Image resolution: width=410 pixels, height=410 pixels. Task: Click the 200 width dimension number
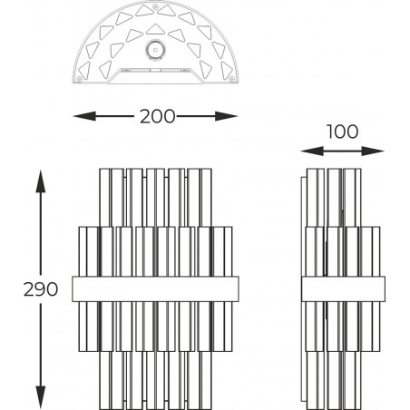tap(157, 116)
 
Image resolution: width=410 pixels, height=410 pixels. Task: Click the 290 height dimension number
tap(41, 289)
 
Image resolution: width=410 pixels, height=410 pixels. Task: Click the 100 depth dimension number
tap(343, 132)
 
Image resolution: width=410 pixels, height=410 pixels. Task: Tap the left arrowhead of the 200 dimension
tap(84, 116)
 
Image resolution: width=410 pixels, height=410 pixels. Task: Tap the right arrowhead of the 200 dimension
tap(227, 116)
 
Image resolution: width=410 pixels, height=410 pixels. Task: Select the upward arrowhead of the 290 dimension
tap(41, 181)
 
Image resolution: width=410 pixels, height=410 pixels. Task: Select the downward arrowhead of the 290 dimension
tap(41, 397)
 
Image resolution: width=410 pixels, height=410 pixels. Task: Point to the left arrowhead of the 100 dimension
tap(312, 151)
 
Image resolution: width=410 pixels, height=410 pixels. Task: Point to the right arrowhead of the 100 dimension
tap(373, 151)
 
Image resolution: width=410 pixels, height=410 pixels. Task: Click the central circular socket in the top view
tap(155, 50)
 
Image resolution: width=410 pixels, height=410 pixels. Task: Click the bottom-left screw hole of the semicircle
tap(79, 79)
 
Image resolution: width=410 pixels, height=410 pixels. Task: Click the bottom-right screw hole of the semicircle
tap(232, 79)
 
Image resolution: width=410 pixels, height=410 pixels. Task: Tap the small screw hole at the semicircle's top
tap(155, 6)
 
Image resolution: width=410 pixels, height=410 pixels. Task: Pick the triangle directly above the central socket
tap(155, 29)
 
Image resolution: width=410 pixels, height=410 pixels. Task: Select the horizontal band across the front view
tap(155, 288)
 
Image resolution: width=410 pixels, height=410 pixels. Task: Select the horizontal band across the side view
tap(343, 288)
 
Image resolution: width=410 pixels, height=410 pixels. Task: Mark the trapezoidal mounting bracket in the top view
tap(155, 75)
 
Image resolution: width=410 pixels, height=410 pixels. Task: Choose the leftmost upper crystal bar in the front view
tap(105, 198)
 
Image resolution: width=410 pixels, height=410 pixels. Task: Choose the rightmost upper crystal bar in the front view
tap(206, 198)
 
